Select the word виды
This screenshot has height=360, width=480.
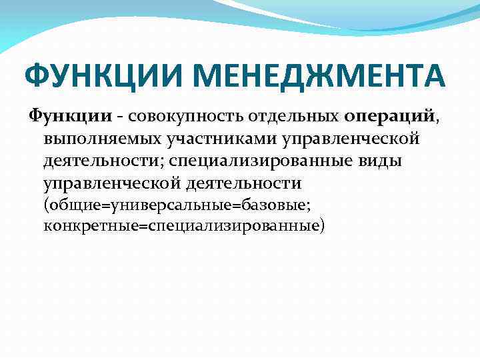click(383, 161)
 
